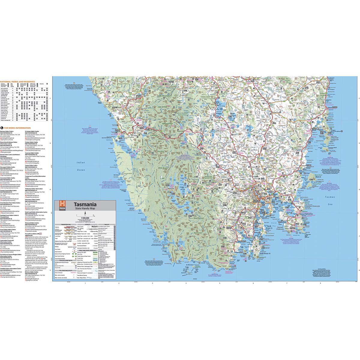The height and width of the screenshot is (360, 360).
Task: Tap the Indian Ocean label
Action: pos(80,166)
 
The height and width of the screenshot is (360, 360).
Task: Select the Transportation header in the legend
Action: pos(66,224)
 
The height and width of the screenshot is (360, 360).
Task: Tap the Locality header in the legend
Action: pos(87,224)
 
